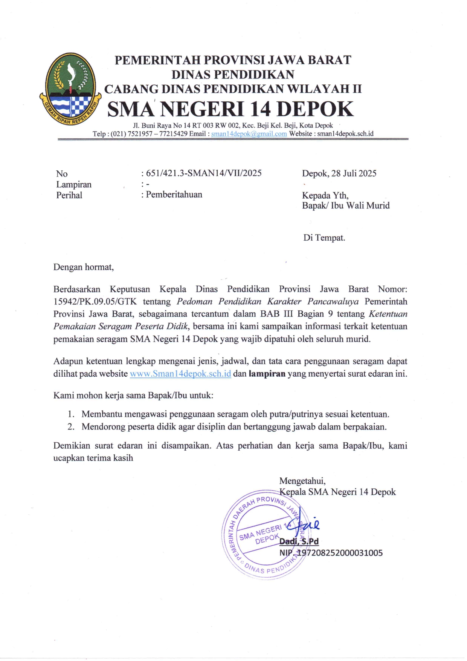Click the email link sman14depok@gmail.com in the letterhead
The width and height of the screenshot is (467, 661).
[249, 134]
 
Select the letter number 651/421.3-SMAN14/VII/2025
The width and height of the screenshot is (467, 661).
[204, 173]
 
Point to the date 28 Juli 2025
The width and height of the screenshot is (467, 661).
[354, 173]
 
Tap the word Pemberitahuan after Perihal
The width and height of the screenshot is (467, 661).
[174, 195]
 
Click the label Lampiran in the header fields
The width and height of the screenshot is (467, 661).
[74, 184]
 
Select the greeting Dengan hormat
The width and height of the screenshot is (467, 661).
[83, 267]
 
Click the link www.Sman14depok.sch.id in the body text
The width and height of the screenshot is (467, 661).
[180, 374]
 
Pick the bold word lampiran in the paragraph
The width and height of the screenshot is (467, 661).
[267, 374]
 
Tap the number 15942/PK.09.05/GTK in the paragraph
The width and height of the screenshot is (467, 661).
[95, 302]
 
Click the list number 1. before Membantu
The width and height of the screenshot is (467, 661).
[71, 414]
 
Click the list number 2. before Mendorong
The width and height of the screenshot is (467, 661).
[71, 427]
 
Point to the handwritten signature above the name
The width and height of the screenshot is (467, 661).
[307, 524]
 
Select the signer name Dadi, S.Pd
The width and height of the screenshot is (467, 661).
[299, 541]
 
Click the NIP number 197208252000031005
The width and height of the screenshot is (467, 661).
[340, 553]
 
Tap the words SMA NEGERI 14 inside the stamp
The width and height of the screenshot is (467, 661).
[265, 531]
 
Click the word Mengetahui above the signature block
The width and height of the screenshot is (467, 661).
[302, 481]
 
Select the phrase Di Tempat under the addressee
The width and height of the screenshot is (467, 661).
[324, 238]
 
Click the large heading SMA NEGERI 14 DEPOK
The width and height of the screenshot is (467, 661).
[230, 109]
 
